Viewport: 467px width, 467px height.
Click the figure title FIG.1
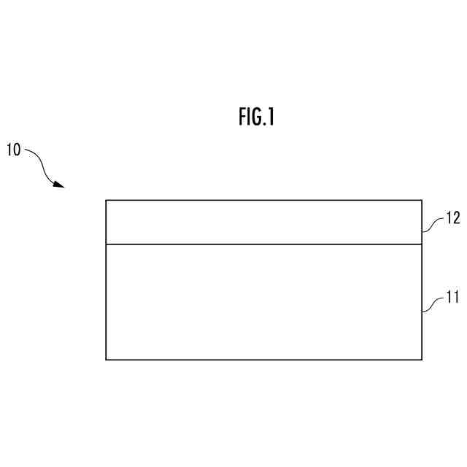tap(256, 117)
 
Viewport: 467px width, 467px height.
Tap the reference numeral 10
tap(14, 150)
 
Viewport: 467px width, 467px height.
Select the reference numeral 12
tap(453, 218)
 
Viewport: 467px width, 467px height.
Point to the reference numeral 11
tap(452, 298)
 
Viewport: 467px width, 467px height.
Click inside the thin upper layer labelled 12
tap(263, 222)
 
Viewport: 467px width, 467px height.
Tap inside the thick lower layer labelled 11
tap(263, 301)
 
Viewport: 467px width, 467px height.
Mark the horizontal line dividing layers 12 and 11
tap(263, 244)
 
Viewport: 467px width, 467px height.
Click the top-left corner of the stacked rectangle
tap(106, 200)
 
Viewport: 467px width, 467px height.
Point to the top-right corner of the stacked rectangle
tap(422, 200)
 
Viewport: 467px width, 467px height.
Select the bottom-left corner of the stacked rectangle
tap(106, 359)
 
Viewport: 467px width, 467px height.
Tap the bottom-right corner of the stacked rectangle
tap(422, 359)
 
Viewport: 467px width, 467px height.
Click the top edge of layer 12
tap(263, 200)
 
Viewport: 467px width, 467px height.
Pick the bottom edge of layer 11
tap(263, 359)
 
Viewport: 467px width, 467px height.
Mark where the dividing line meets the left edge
tap(106, 244)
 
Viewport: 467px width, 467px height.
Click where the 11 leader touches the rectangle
tap(422, 311)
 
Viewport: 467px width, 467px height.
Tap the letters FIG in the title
tap(248, 117)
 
